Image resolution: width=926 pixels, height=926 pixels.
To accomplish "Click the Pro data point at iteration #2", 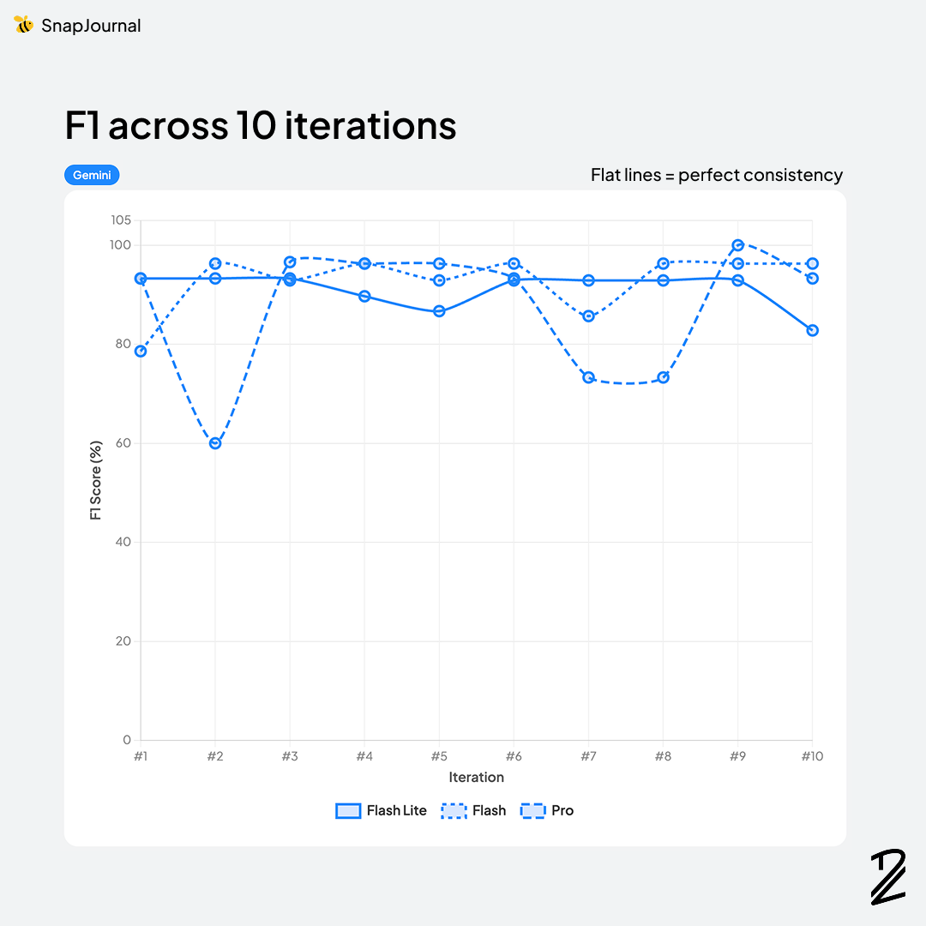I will (215, 443).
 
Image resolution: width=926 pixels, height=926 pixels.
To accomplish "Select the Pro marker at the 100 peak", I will (737, 245).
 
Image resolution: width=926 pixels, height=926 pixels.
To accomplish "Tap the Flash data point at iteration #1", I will (141, 351).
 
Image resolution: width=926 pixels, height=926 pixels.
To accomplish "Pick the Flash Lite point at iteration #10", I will (812, 330).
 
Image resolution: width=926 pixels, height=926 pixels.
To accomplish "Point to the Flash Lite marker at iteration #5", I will (439, 311).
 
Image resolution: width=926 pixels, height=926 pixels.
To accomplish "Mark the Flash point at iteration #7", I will (588, 316).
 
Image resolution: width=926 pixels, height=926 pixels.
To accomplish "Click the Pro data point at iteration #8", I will (663, 377).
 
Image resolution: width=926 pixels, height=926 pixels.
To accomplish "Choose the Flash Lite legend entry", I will (381, 810).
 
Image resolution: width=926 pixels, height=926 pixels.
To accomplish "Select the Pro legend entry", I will (547, 810).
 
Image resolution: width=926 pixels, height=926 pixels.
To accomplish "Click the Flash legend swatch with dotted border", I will (453, 810).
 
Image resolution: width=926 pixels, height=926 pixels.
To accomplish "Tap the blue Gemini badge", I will (92, 175).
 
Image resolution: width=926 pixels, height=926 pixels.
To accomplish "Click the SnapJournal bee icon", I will (23, 25).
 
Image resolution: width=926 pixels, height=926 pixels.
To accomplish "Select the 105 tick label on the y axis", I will (121, 220).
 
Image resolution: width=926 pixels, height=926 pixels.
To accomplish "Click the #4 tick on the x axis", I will (364, 756).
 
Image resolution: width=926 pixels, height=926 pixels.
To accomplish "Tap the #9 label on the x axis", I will (737, 756).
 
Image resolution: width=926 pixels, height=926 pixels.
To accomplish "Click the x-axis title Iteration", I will (476, 778).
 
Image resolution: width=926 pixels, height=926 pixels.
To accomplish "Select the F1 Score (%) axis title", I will (96, 480).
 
